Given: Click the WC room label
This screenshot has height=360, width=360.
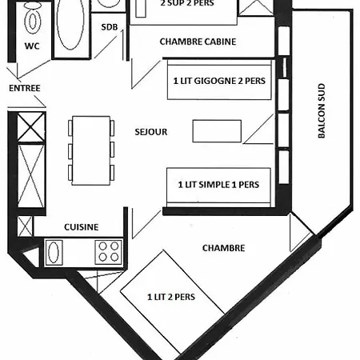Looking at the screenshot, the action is coord(32,46).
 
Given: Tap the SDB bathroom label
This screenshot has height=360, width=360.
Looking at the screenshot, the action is coord(110,27).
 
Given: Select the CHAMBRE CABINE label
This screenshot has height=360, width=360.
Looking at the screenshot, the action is coord(198,42).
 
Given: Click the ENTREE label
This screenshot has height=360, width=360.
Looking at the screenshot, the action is coord(25,88).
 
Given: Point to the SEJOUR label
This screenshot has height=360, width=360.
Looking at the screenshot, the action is coord(151,132).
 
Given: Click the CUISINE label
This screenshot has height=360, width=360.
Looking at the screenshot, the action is coord(82,227).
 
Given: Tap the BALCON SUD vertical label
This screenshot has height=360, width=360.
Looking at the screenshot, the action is coord(322,110).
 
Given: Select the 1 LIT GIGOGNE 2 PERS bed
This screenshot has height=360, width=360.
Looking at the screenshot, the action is coord(219,80).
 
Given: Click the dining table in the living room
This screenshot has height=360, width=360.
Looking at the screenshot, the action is coord(91,150).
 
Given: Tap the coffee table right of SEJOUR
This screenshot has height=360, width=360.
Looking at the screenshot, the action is coord(217,131).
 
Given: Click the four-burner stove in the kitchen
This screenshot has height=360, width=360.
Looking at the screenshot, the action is coord(109,252).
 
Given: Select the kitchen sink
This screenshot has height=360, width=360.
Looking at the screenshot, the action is coord(54,253).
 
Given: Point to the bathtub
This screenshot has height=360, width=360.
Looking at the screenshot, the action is coord(71,25).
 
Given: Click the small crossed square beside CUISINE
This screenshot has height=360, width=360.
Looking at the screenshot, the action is coord(25,226).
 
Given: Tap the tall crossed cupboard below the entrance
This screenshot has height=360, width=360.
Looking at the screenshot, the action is coord(31,176).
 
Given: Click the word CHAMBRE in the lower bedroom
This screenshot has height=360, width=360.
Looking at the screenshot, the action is coord(223,248).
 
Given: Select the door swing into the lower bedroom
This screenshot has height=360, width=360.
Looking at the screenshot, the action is coord(146,223).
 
